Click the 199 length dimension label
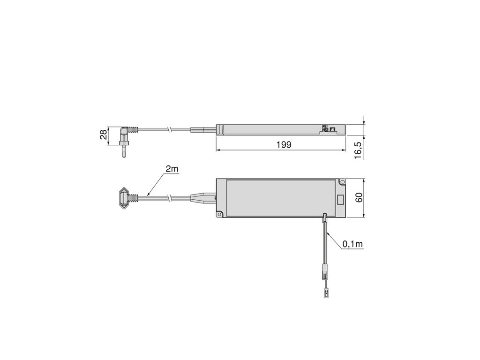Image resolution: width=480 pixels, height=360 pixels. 284,144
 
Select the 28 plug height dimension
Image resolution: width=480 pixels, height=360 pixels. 104,135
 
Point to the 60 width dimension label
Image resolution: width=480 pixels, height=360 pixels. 359,197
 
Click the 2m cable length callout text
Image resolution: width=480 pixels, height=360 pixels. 172,168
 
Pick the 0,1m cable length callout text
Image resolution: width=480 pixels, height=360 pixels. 352,244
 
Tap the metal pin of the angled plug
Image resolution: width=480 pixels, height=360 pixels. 124,152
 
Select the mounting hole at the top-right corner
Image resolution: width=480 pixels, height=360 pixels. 342,182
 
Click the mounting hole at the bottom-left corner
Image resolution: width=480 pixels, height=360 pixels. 220,215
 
